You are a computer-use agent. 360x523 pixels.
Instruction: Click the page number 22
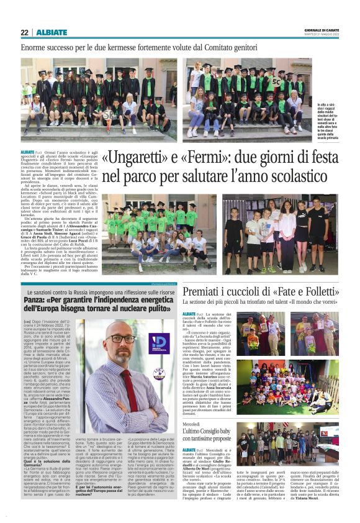(x=25, y=32)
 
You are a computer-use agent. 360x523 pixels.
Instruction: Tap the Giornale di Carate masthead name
(x=320, y=30)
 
